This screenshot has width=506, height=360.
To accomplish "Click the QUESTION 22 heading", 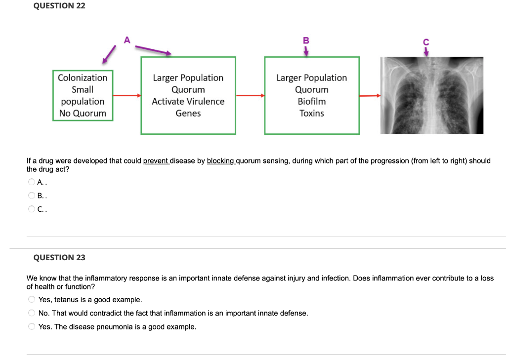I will coord(59,6).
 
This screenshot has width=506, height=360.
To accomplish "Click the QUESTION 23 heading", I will coord(59,257).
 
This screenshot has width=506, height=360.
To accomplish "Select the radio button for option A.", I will coord(32,182).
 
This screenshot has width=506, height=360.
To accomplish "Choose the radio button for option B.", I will coord(32,196).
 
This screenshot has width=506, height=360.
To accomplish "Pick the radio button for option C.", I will coord(32,209).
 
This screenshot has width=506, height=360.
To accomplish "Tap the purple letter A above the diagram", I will coord(127,40).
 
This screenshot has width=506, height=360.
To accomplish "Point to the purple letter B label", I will coord(306,40).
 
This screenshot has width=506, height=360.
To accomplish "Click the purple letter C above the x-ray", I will coord(426,43).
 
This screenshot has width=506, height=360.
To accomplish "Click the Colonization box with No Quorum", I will coord(82,95).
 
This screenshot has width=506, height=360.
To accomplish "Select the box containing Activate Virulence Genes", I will coord(188,95).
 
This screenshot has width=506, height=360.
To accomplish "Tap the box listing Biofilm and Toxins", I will coord(312,95).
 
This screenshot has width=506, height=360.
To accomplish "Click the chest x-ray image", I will coord(431,95).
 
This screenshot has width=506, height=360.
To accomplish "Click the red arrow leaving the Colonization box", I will coord(127,95).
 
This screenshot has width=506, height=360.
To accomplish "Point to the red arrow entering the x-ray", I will coord(370,95).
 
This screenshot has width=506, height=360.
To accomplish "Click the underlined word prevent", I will coord(156,161).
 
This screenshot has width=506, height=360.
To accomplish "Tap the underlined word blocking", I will coord(220,161).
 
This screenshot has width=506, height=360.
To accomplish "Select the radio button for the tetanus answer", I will coord(32,300).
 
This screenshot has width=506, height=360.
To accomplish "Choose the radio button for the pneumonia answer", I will coord(32,327).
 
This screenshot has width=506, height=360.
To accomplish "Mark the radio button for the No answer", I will coord(32,313).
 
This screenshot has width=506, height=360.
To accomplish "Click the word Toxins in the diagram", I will coord(312,114).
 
